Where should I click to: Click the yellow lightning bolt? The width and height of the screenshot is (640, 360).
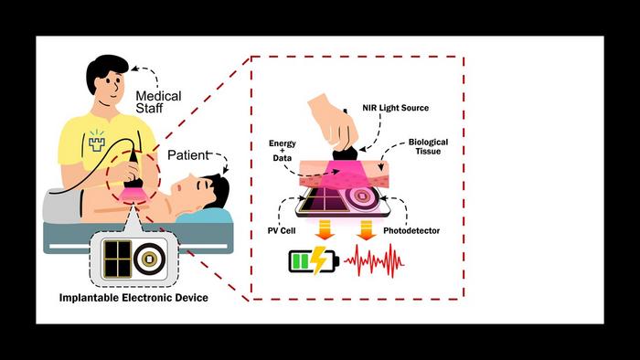(x=321, y=262)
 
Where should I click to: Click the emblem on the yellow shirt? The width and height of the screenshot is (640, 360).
(x=99, y=140)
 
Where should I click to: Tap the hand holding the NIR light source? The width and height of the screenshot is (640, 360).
(x=332, y=120)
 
